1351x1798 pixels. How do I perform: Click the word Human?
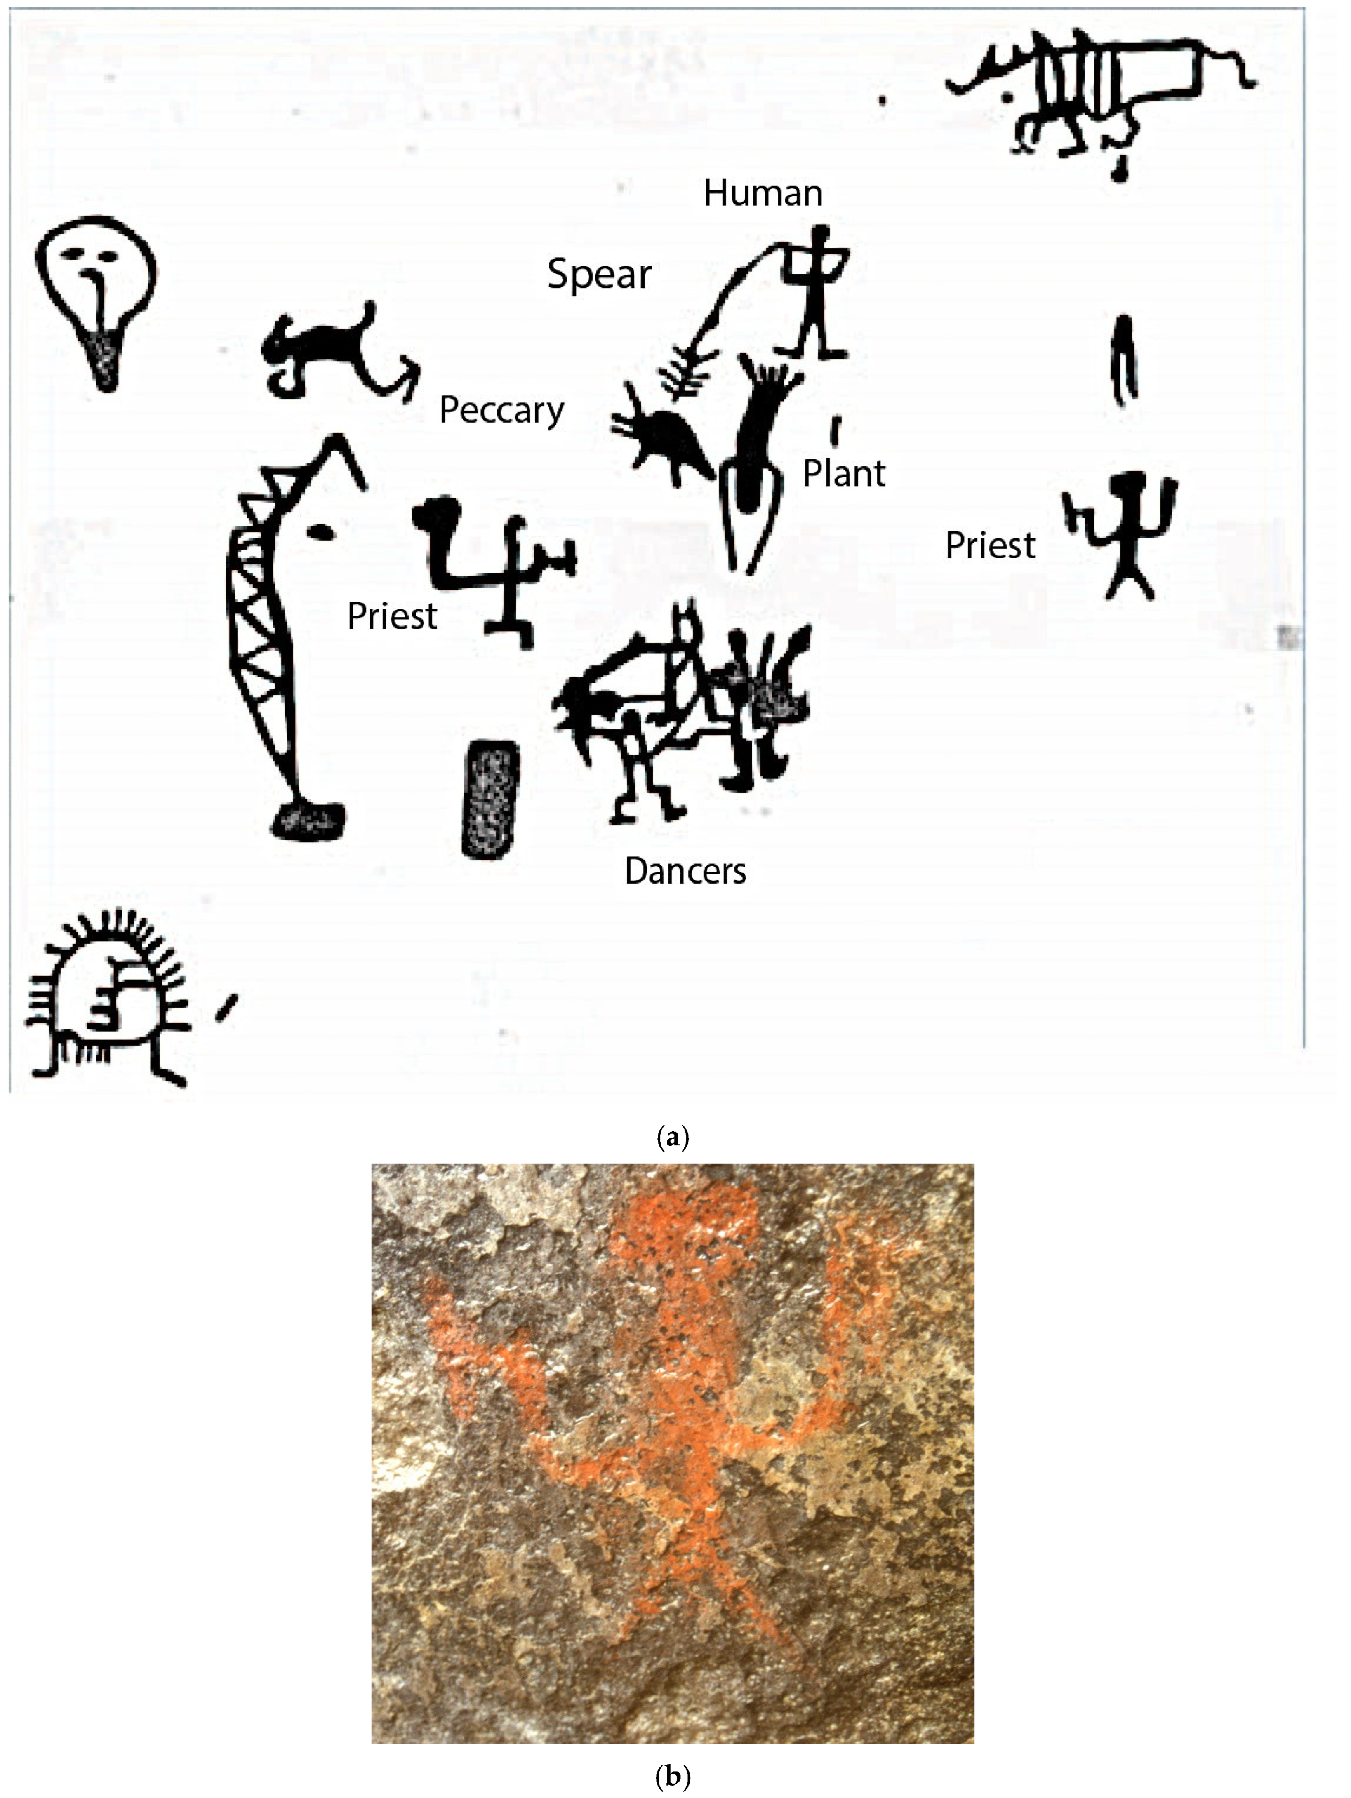763,193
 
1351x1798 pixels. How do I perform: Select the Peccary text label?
501,410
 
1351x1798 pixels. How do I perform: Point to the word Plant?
844,473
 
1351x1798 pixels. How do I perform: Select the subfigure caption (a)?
672,1136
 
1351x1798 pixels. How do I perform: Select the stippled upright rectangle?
490,798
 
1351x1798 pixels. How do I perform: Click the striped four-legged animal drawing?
1097,89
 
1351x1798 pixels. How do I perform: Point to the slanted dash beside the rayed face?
226,1008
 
